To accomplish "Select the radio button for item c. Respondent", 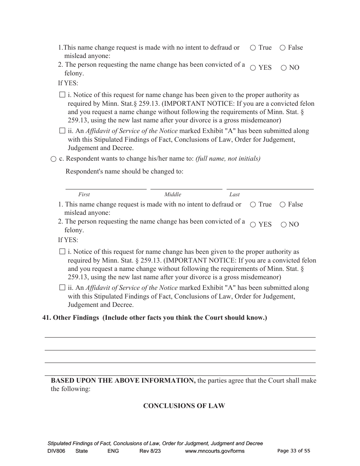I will [x=53, y=159].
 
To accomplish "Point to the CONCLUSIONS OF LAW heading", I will [x=184, y=406].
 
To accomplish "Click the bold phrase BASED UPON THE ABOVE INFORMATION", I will [x=123, y=380].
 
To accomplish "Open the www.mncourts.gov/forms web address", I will [x=214, y=451].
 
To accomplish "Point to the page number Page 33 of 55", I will [x=294, y=450].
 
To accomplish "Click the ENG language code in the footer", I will [x=113, y=451].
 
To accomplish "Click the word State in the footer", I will [x=81, y=451].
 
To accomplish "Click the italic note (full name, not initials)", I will [x=228, y=159].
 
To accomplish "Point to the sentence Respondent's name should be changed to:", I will [x=124, y=171].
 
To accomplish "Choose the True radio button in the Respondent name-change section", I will [x=253, y=205].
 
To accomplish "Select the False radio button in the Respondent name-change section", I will [x=282, y=205].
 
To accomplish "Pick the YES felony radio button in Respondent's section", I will [x=253, y=225].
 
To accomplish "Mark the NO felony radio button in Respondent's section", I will [x=283, y=225].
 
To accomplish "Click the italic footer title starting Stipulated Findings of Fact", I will [x=155, y=443].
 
